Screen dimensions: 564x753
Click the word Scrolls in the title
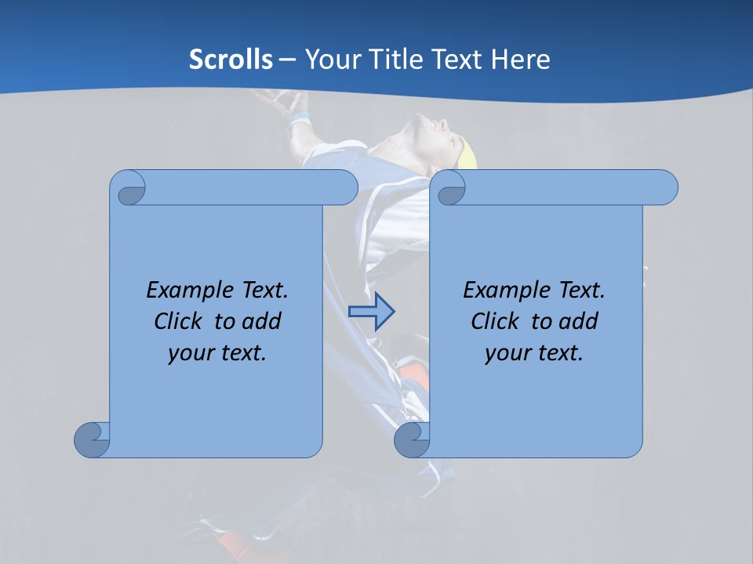click(231, 60)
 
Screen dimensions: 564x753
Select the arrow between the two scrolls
click(371, 311)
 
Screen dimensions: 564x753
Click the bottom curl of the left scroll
click(92, 439)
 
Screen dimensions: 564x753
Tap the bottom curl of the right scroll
click(412, 439)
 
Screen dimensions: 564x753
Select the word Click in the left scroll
click(179, 321)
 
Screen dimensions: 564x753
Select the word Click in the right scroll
click(495, 321)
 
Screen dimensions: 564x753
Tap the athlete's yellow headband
click(468, 153)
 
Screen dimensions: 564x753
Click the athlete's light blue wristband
click(298, 120)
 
